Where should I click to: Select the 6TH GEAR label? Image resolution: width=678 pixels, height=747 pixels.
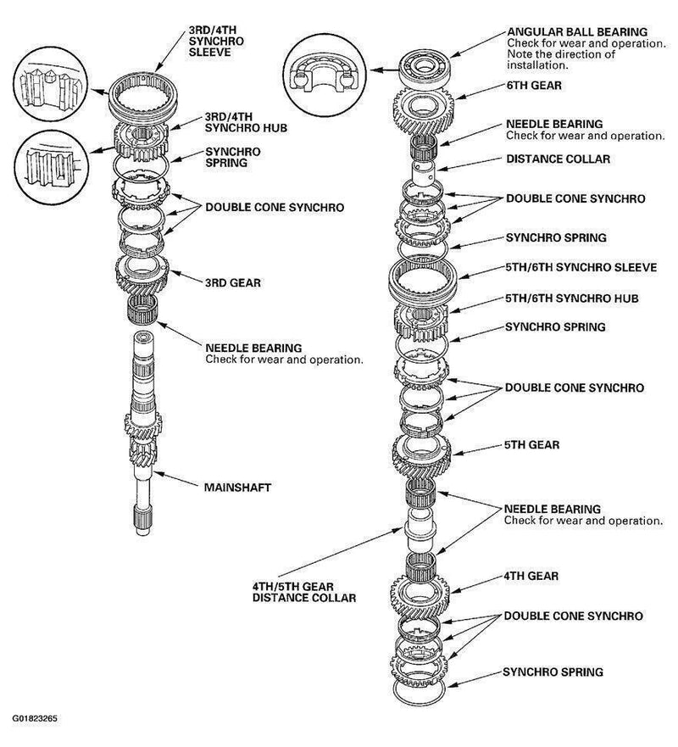(x=535, y=86)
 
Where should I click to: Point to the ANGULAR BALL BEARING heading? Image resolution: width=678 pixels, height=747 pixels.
(x=576, y=32)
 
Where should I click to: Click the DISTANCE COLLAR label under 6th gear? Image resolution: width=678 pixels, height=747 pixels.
(x=558, y=159)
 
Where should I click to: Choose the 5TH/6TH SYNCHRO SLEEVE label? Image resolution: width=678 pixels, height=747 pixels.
(x=581, y=267)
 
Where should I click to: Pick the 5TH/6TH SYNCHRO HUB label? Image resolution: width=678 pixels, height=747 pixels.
(x=570, y=298)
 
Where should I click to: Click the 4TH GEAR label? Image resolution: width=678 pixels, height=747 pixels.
(x=531, y=576)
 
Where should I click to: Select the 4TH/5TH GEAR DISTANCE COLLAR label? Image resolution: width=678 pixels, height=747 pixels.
(x=303, y=591)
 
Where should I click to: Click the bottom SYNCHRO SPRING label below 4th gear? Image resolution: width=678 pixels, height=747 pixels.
(x=553, y=672)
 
